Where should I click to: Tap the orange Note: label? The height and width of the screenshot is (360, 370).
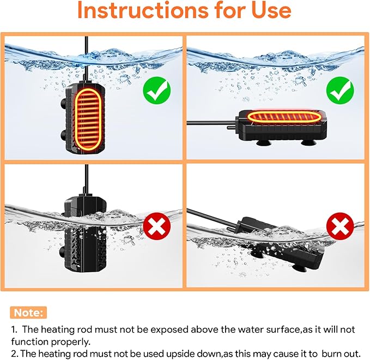pyautogui.click(x=28, y=313)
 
